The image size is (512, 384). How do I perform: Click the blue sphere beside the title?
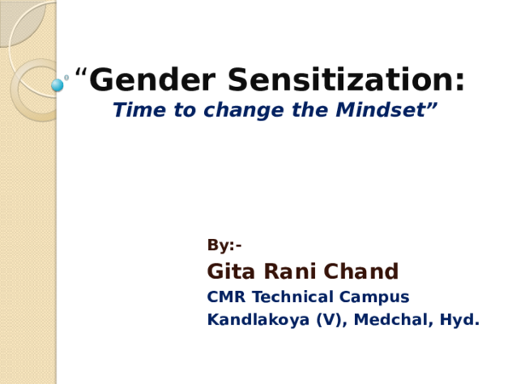coord(57,85)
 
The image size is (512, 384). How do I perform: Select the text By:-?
coord(224,246)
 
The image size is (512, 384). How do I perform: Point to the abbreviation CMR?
coord(224,297)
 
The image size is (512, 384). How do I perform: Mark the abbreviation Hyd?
coord(461,321)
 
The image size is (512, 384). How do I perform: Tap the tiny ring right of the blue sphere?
coord(67,77)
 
